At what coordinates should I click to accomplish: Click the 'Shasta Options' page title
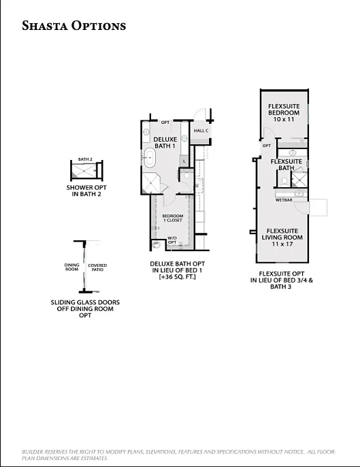74,26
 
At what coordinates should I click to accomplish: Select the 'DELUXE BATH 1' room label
165,142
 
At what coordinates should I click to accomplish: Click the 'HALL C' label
201,130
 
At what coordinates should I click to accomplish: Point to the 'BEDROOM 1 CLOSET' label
173,219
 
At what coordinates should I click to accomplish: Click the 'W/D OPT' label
172,240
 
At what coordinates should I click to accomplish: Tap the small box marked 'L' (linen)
184,161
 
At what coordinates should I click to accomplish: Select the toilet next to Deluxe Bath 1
187,174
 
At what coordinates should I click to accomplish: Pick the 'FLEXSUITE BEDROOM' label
285,110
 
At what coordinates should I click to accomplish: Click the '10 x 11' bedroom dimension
284,119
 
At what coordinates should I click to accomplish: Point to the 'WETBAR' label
284,200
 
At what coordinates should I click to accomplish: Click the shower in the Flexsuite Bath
299,178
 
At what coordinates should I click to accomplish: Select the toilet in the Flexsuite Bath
282,180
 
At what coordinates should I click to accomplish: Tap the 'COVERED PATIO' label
97,268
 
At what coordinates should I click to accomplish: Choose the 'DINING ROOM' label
71,268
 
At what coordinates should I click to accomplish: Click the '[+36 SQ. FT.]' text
176,277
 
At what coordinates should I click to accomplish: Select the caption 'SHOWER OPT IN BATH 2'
86,191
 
